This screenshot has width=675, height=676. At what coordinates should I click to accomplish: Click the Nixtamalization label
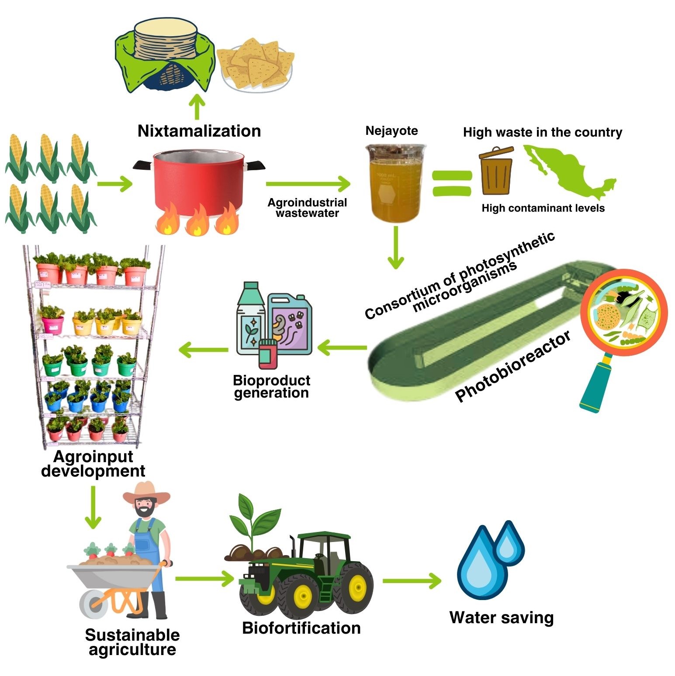point(199,131)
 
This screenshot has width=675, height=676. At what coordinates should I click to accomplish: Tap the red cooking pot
point(199,183)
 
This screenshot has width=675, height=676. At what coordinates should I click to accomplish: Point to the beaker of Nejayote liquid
point(395,183)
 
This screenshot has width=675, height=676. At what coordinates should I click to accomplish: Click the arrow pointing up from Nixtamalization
point(197,107)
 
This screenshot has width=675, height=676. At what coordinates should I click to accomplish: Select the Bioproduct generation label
point(271,387)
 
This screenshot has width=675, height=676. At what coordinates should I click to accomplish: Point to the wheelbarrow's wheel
point(93,604)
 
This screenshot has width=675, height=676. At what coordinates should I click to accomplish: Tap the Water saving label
point(502,618)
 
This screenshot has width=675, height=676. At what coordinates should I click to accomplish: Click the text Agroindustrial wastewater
point(307,208)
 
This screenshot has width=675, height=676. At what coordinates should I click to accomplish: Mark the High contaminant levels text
point(543,208)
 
